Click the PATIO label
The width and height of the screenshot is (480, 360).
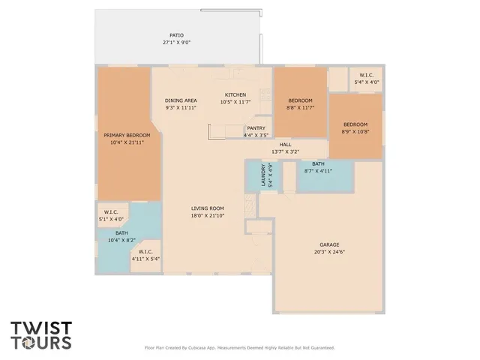point(176,35)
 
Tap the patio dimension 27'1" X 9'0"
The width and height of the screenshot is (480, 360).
point(176,43)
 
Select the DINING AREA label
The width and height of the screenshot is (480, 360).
point(181,100)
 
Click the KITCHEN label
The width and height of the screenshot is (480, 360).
point(235,94)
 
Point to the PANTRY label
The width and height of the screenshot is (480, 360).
point(256,128)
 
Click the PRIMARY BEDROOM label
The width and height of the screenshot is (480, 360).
point(127,135)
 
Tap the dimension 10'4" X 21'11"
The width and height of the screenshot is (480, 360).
point(127,142)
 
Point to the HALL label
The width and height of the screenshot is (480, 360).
point(285,144)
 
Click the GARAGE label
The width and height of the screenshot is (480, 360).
point(330,244)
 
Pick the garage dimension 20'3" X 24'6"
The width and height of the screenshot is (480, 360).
point(330,252)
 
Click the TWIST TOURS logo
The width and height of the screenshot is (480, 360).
point(41,335)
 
